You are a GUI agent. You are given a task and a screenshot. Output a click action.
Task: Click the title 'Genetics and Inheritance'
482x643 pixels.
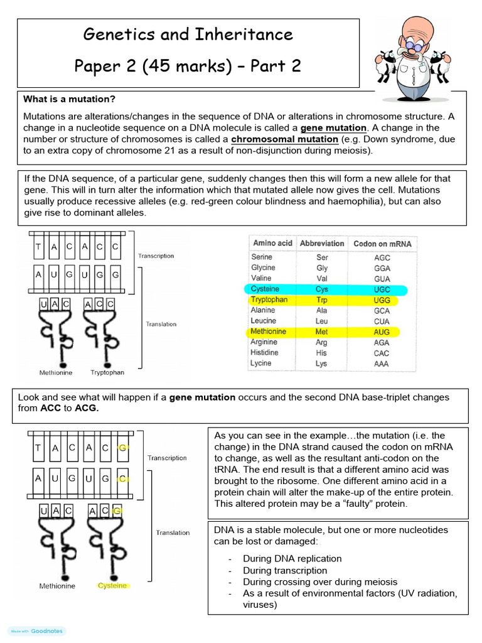point(188,34)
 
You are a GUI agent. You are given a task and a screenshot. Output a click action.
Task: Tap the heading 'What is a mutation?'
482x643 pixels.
point(69,99)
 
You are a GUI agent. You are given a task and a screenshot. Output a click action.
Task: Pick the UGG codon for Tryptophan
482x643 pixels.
point(381,300)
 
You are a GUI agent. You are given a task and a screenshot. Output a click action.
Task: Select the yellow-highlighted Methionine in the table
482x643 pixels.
point(269,332)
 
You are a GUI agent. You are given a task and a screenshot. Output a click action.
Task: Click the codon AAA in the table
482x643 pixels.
point(381,364)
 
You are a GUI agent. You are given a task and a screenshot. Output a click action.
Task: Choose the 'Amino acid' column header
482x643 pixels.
point(273,243)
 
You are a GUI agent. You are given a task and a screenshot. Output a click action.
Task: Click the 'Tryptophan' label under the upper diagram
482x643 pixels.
point(107,372)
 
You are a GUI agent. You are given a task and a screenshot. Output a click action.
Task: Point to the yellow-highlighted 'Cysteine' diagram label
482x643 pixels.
point(112,586)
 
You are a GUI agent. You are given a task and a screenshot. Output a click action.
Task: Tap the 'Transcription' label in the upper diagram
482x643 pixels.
point(156,256)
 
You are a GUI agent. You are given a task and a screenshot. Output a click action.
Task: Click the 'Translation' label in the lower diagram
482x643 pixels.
point(173,532)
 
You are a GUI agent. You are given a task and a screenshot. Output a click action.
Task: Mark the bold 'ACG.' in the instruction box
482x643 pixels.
point(87,408)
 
